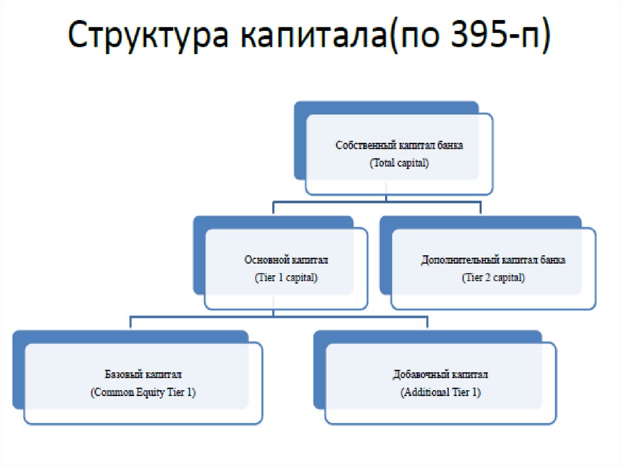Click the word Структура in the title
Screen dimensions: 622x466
point(149,38)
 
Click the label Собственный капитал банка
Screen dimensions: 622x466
point(399,146)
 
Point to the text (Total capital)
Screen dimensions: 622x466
point(399,163)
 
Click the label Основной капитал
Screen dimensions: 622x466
point(286,260)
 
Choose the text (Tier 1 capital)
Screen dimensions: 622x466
point(286,278)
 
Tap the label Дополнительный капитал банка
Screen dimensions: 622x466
point(493,260)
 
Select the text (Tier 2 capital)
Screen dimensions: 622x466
point(493,278)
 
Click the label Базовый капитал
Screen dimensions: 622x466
point(143,375)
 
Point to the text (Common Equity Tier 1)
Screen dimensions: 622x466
point(143,392)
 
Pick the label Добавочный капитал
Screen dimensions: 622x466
point(440,375)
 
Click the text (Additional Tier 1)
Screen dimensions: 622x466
point(440,392)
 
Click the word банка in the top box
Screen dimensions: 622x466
point(449,146)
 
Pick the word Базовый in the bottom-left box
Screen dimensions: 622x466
point(124,375)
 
